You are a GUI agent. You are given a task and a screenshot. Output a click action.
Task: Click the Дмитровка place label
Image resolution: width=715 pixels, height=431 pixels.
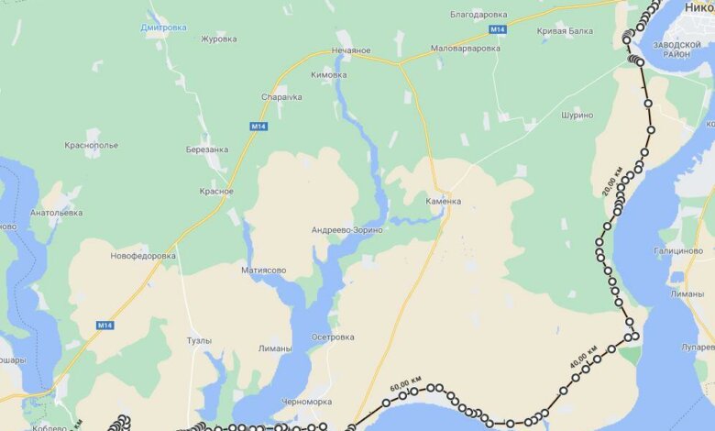(x=163, y=28)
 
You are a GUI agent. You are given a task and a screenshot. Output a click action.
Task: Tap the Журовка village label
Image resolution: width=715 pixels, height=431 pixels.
(x=218, y=39)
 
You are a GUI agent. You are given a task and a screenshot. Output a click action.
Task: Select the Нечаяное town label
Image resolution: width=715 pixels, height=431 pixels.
(x=350, y=50)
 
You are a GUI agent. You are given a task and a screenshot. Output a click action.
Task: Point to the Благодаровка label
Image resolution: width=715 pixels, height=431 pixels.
(x=478, y=15)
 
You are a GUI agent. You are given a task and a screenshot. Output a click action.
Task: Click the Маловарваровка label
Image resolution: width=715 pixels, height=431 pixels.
(x=465, y=49)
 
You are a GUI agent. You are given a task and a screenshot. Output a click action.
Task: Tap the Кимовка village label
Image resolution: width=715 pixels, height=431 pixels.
(x=329, y=75)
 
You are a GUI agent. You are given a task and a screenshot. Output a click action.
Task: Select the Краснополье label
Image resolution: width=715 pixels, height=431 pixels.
(x=91, y=145)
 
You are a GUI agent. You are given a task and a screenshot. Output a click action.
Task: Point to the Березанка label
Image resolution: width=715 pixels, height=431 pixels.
(x=206, y=149)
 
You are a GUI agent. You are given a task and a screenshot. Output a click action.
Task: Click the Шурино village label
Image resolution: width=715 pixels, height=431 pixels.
(x=575, y=115)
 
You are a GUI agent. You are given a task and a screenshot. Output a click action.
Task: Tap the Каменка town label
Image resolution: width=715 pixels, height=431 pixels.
(x=444, y=201)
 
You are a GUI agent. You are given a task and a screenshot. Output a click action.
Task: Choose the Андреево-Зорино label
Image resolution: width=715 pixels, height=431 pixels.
(x=346, y=229)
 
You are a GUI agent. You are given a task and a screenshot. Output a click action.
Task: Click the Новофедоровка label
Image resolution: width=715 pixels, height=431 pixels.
(x=142, y=256)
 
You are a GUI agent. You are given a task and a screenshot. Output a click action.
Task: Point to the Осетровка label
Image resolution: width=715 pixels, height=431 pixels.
(x=333, y=337)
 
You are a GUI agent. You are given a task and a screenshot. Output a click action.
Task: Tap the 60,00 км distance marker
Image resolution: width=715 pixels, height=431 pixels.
(x=405, y=381)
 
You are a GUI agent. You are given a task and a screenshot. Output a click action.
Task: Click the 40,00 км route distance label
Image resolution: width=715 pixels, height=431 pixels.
(x=584, y=357)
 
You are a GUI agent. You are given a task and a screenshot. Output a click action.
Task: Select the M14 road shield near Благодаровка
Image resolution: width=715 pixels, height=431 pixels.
(x=496, y=30)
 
